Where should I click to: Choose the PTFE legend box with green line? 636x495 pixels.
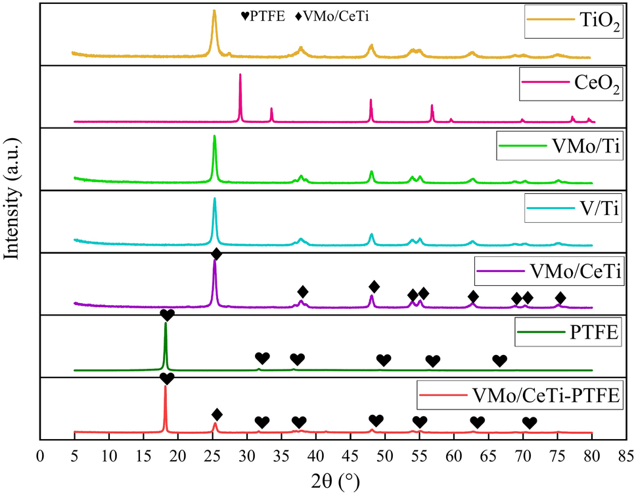[568, 333]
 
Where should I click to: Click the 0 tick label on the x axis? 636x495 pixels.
[41, 454]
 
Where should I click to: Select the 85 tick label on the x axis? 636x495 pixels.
[625, 454]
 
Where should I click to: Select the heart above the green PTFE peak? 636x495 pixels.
[167, 315]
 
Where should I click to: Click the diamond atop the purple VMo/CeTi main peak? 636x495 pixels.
[216, 254]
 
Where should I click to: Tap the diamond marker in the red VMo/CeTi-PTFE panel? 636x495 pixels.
[217, 414]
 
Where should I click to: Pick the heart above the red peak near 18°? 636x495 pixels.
[167, 378]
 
